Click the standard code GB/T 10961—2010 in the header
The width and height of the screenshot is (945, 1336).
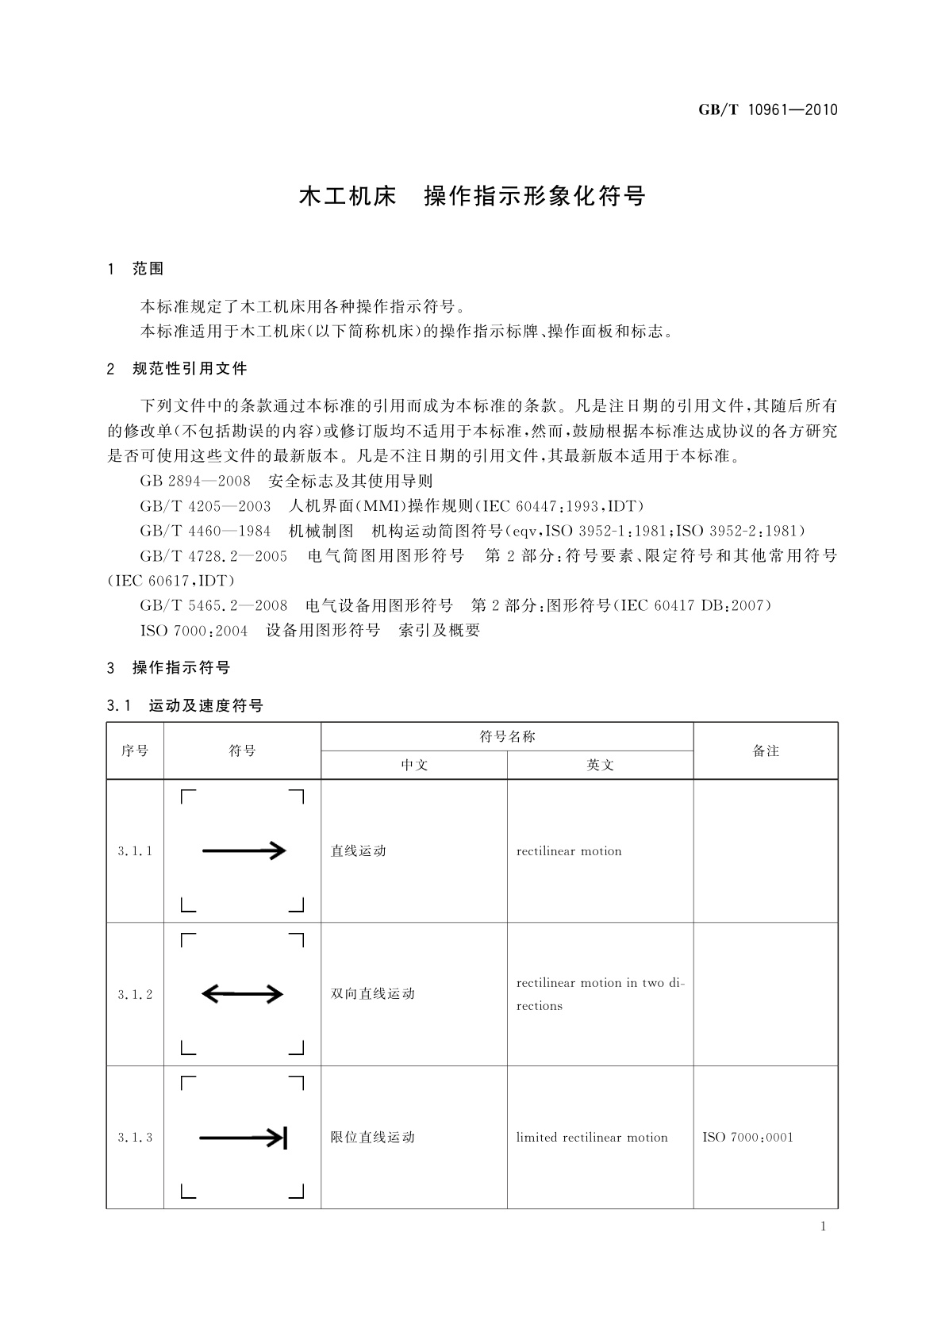[767, 110]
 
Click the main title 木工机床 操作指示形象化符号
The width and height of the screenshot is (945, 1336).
[472, 197]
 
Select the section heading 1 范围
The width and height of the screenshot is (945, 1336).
[136, 269]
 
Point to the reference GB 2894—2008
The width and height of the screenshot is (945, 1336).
[195, 481]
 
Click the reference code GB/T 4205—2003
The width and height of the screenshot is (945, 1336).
[205, 506]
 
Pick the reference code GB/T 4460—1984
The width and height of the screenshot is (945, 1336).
[205, 531]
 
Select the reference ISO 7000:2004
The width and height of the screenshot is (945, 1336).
[194, 631]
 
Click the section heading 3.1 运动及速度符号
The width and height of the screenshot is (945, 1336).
[185, 705]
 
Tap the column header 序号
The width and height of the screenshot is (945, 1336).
[135, 751]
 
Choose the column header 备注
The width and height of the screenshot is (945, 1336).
[766, 751]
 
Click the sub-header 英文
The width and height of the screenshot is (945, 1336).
[600, 765]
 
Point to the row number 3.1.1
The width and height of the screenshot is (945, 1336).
[135, 851]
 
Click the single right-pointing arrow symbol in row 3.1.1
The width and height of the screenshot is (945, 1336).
[244, 851]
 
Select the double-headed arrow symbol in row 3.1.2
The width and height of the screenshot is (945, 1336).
[242, 993]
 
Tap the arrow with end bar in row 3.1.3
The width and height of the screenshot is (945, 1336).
[242, 1138]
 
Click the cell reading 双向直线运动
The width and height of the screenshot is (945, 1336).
[373, 994]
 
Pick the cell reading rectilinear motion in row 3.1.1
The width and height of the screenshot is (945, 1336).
[569, 851]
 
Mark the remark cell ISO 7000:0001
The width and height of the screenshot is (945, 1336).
[747, 1138]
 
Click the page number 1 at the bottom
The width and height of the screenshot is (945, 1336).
[823, 1227]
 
